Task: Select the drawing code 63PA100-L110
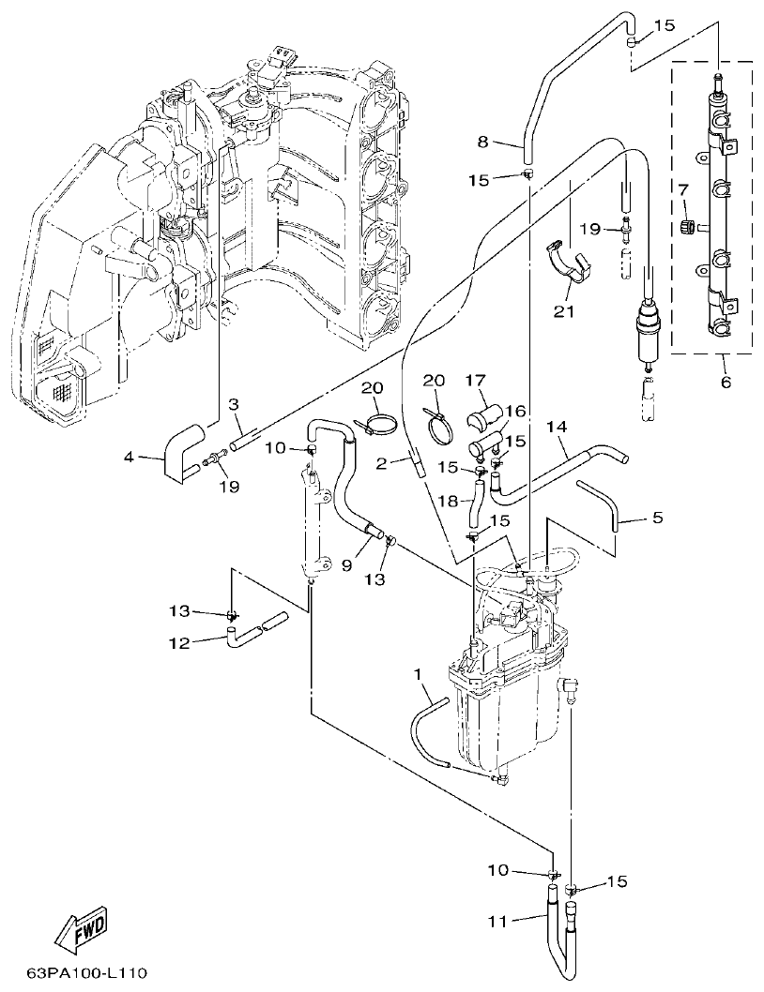click(86, 974)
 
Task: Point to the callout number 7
click(684, 189)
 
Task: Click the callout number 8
click(483, 143)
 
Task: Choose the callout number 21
click(563, 311)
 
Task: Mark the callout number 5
click(657, 517)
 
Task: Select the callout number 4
click(130, 458)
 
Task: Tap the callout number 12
click(179, 642)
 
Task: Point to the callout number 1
click(419, 674)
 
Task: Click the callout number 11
click(497, 922)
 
